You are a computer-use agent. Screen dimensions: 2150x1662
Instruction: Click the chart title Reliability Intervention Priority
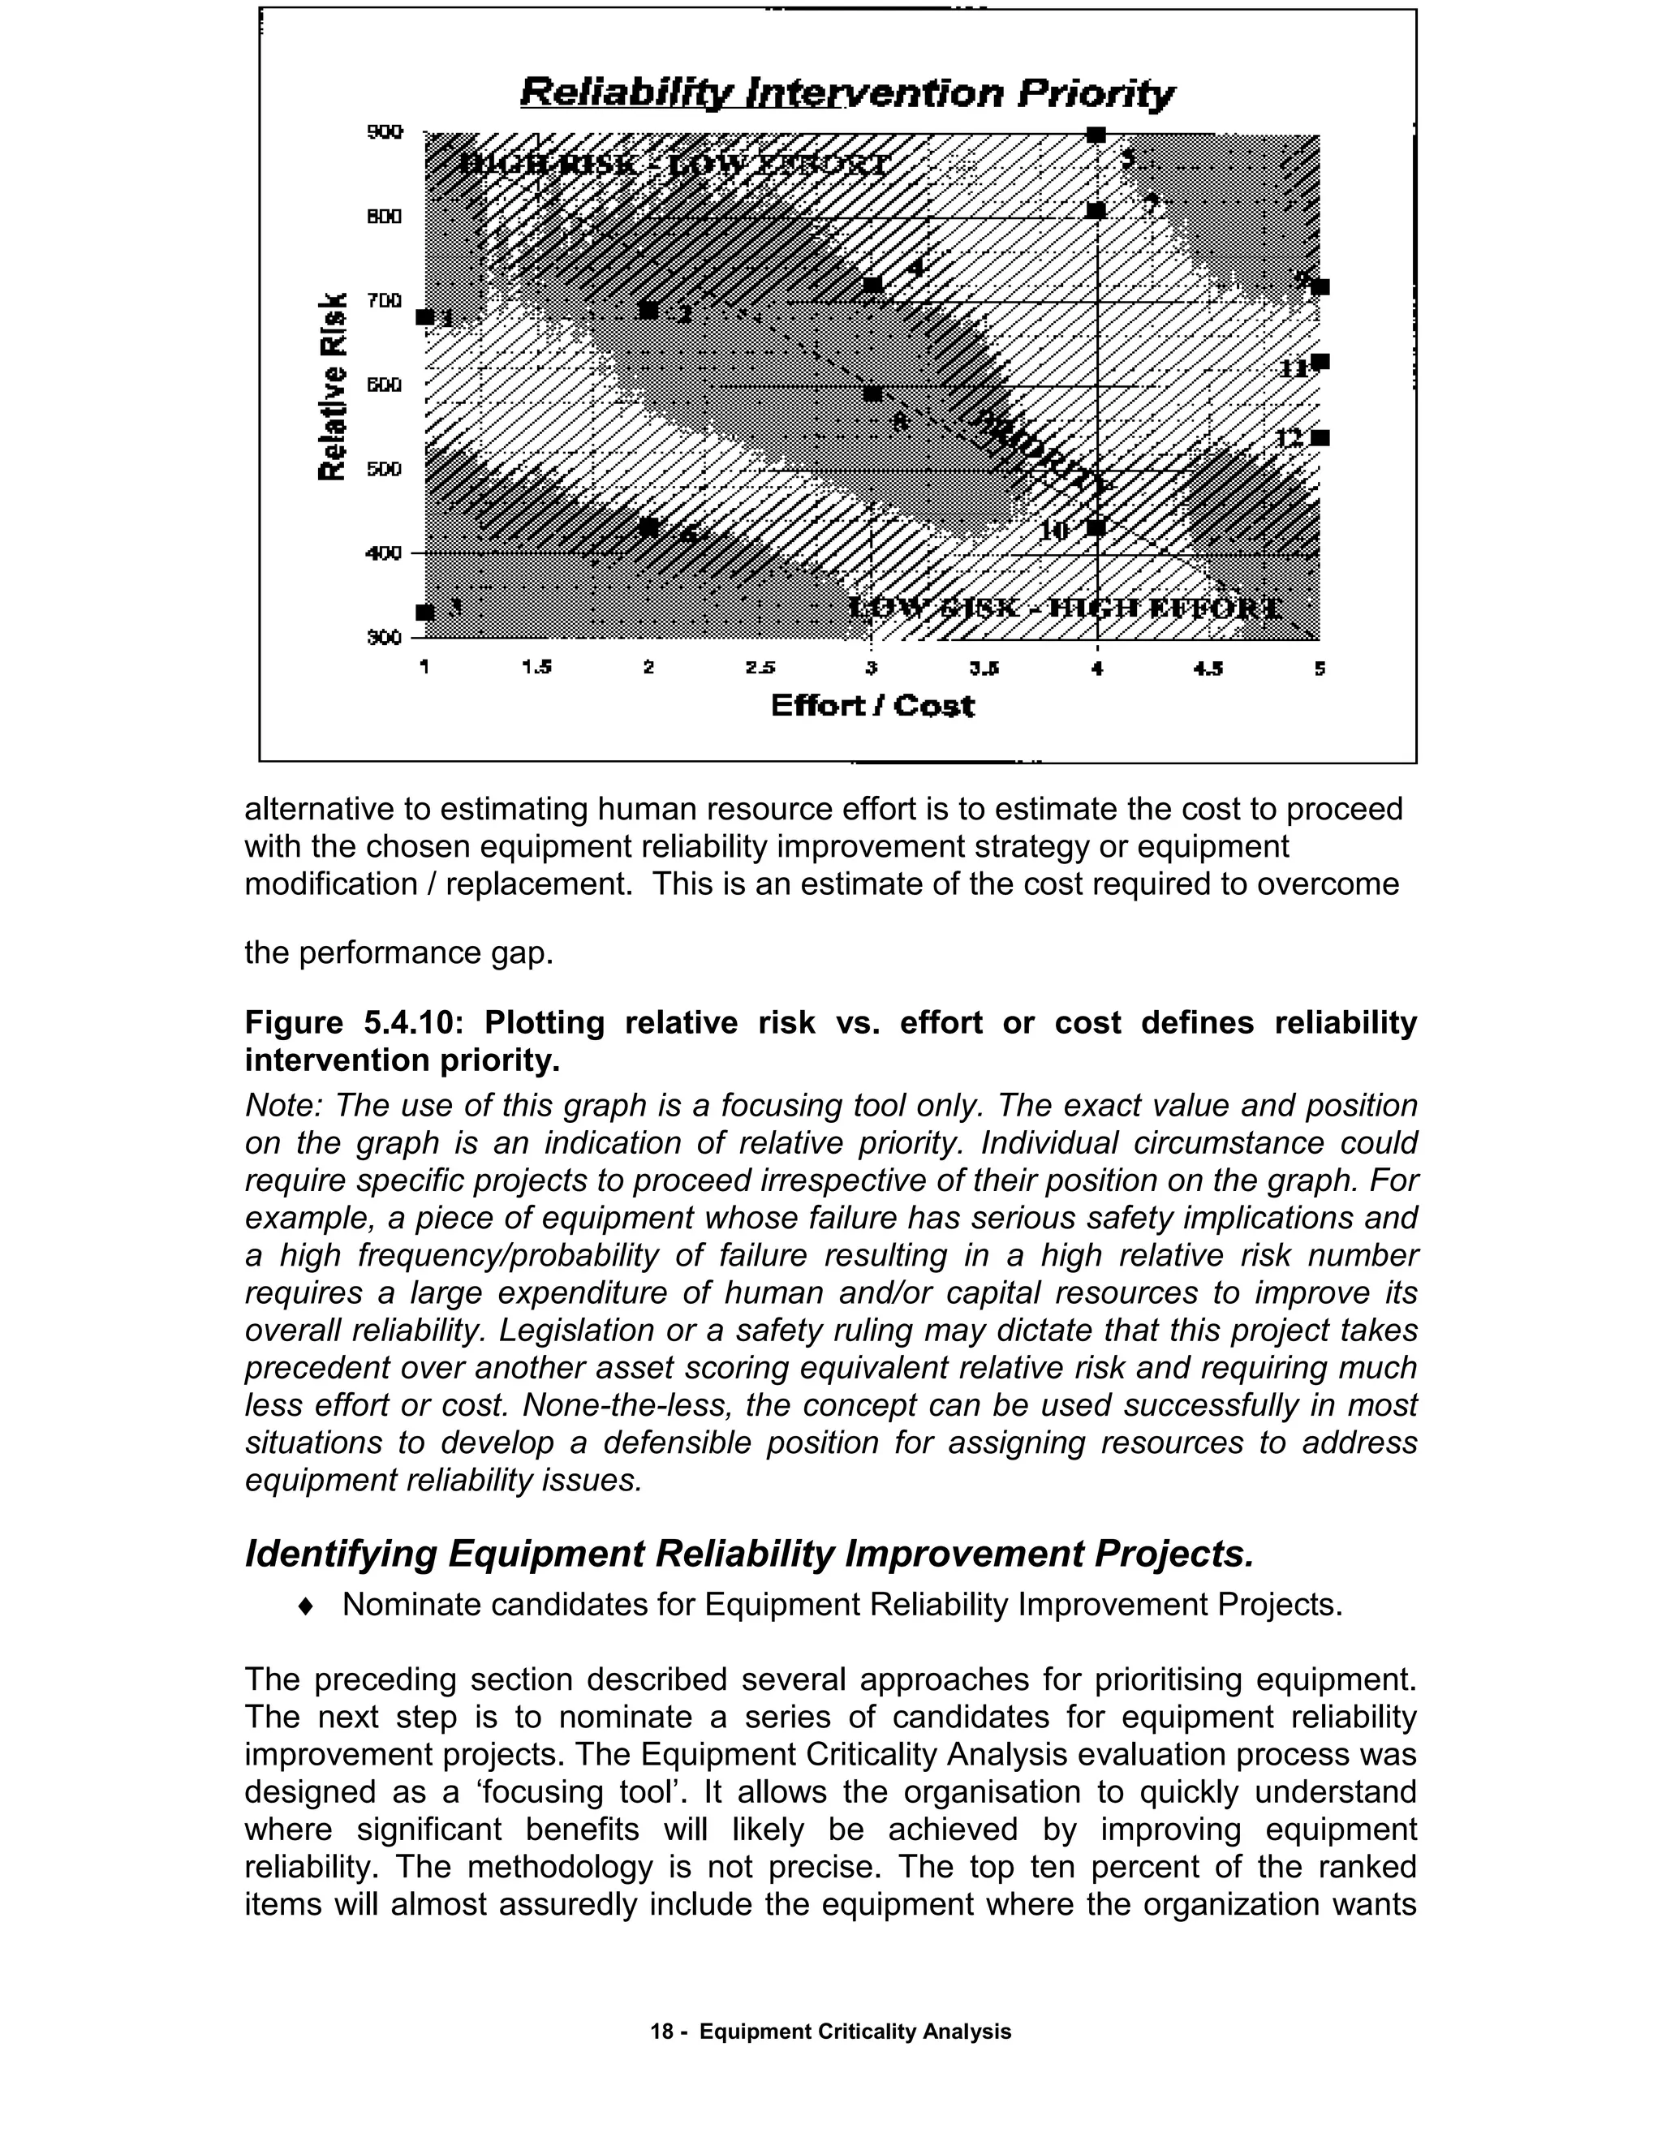[x=846, y=93]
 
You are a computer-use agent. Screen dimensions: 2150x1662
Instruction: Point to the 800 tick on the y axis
[x=384, y=217]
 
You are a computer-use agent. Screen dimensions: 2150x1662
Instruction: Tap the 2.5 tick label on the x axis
[x=759, y=669]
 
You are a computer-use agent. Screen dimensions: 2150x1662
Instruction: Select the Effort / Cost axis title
[x=872, y=706]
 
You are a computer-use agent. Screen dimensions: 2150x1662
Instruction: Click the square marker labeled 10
[x=1096, y=527]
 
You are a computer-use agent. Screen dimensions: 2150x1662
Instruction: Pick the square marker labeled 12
[x=1320, y=438]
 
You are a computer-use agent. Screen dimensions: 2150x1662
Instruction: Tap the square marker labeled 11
[x=1320, y=363]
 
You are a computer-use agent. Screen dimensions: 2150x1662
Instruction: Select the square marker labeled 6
[x=649, y=527]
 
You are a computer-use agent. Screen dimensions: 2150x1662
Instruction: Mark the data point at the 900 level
[x=1096, y=135]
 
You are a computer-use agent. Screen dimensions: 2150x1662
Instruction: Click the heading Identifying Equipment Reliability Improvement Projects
[x=749, y=1554]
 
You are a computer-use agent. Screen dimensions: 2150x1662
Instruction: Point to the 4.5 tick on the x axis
[x=1208, y=669]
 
